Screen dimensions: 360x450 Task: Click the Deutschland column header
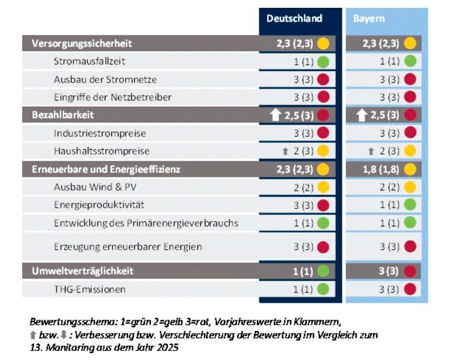pyautogui.click(x=294, y=19)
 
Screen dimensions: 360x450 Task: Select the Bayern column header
pyautogui.click(x=369, y=19)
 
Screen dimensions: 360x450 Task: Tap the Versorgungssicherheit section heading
pyautogui.click(x=81, y=43)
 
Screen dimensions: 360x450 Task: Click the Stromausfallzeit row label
pyautogui.click(x=89, y=61)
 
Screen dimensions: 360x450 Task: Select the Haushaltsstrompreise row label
pyautogui.click(x=101, y=151)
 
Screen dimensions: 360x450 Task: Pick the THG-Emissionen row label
pyautogui.click(x=90, y=290)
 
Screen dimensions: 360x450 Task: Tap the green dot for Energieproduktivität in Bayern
pyautogui.click(x=410, y=205)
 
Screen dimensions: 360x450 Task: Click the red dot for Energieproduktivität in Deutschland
pyautogui.click(x=323, y=205)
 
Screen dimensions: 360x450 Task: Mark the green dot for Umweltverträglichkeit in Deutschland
pyautogui.click(x=323, y=271)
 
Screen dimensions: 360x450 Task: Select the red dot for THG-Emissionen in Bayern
pyautogui.click(x=410, y=290)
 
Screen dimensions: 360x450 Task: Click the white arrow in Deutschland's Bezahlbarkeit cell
pyautogui.click(x=276, y=114)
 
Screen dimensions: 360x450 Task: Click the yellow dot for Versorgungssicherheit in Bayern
pyautogui.click(x=410, y=43)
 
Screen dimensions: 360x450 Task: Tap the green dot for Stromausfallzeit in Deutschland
pyautogui.click(x=323, y=61)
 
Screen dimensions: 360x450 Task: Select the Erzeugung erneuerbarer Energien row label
pyautogui.click(x=128, y=247)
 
